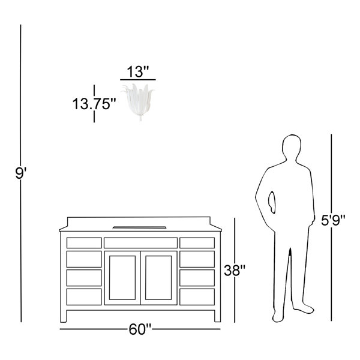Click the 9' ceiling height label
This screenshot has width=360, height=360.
21,173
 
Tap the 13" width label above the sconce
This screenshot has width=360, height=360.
138,71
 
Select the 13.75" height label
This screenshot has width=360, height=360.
94,104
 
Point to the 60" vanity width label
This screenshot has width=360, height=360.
140,329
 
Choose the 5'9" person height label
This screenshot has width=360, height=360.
333,220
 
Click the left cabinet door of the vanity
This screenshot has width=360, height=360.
122,278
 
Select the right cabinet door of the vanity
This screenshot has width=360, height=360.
158,278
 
